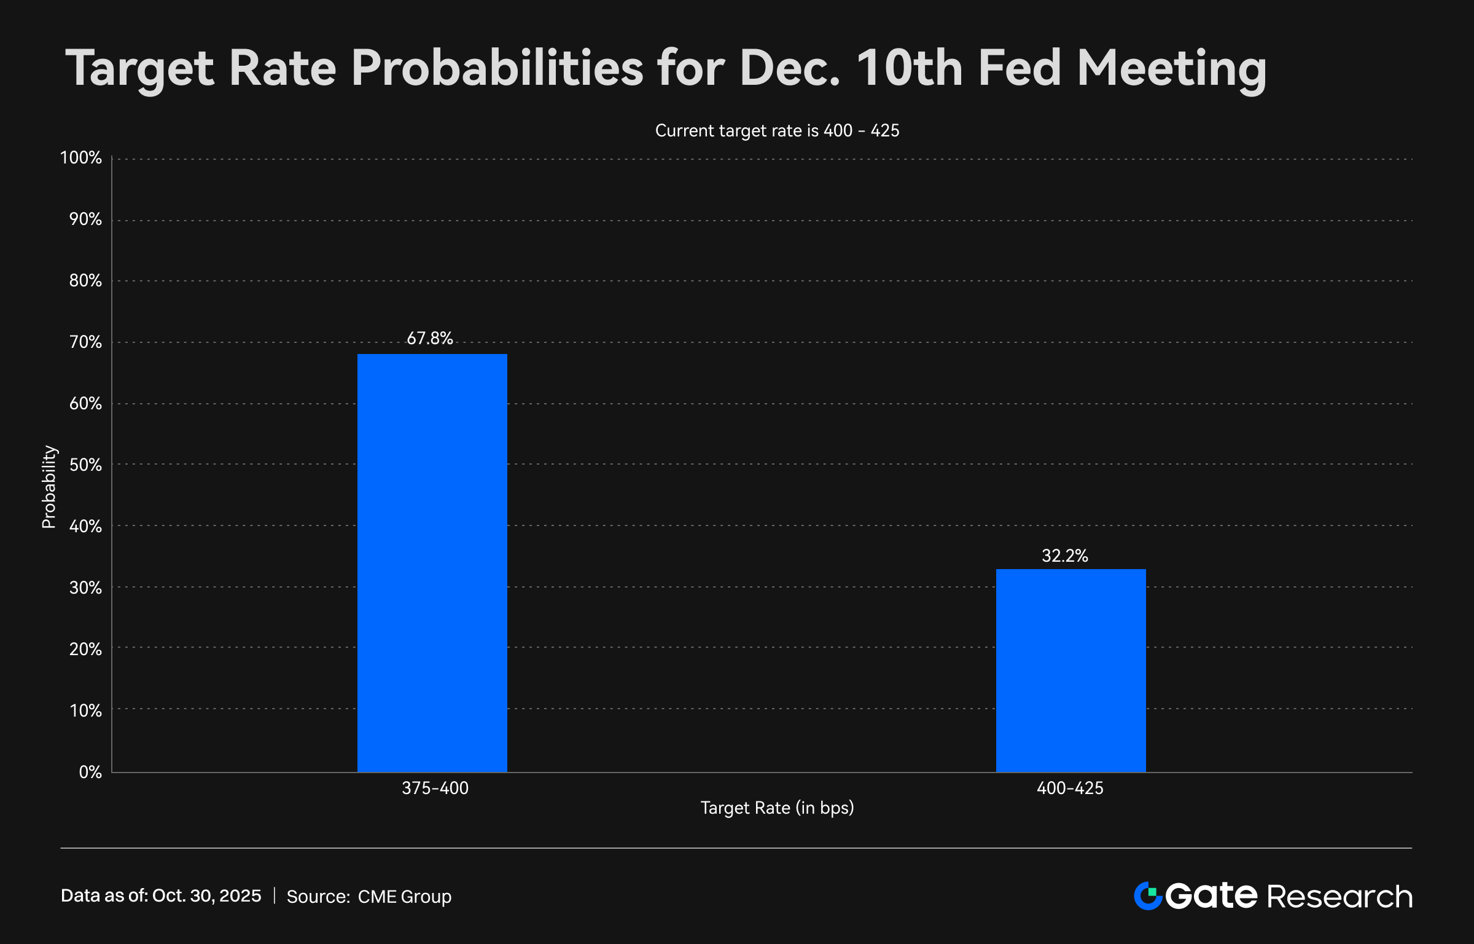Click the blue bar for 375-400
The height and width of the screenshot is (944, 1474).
pyautogui.click(x=432, y=562)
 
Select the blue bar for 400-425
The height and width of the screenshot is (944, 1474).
pyautogui.click(x=1070, y=670)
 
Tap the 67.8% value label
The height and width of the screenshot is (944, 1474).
pyautogui.click(x=430, y=338)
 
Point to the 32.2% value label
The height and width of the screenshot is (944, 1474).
pyautogui.click(x=1064, y=556)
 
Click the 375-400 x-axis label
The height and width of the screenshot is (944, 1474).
pyautogui.click(x=435, y=788)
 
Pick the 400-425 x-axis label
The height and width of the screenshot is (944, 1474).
pyautogui.click(x=1070, y=788)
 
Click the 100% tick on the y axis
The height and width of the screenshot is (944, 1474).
pyautogui.click(x=81, y=158)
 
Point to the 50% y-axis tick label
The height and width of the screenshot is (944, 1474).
pyautogui.click(x=85, y=465)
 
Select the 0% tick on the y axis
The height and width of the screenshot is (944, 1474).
pyautogui.click(x=90, y=772)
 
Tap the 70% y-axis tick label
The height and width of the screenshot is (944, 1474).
pyautogui.click(x=85, y=342)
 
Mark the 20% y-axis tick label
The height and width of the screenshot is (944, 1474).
pyautogui.click(x=85, y=649)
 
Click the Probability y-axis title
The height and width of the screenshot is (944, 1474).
pyautogui.click(x=49, y=487)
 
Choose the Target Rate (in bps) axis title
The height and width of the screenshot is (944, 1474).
pyautogui.click(x=777, y=808)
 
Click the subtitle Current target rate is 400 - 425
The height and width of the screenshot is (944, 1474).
pyautogui.click(x=777, y=130)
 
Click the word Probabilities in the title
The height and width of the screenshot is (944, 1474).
pyautogui.click(x=497, y=69)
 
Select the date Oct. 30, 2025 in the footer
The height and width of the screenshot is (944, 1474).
pyautogui.click(x=206, y=895)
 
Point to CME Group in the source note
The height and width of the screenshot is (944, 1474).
pyautogui.click(x=404, y=897)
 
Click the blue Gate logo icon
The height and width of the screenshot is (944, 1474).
pyautogui.click(x=1147, y=895)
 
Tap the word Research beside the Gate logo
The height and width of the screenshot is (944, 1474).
pyautogui.click(x=1339, y=897)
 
